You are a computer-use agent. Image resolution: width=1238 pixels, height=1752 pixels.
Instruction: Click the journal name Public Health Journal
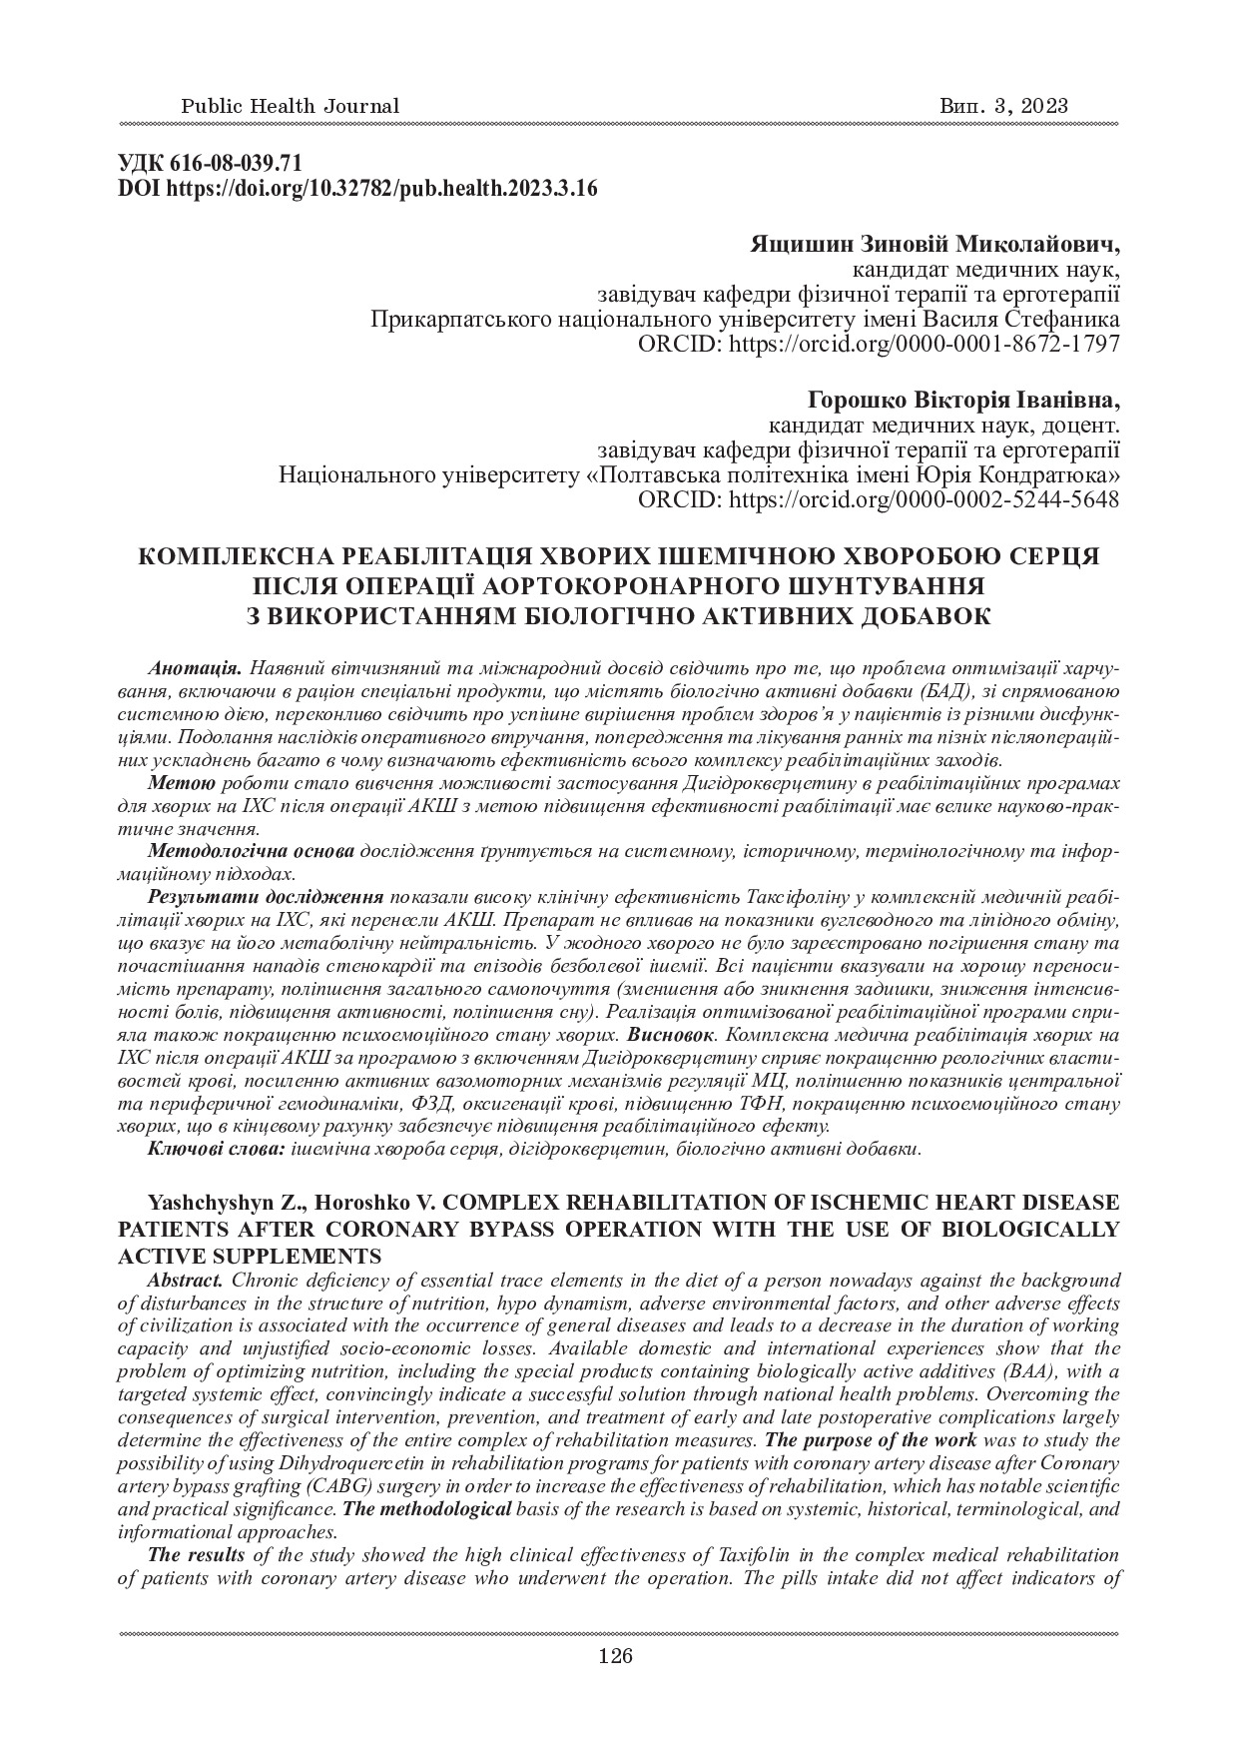click(290, 106)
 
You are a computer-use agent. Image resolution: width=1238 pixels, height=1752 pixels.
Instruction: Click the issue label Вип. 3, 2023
click(1004, 106)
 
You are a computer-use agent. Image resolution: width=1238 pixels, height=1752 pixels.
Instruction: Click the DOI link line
click(357, 189)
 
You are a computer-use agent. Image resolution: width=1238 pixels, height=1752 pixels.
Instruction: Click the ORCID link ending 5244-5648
click(878, 499)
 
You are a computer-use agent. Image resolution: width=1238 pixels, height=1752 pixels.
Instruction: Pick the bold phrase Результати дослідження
click(267, 897)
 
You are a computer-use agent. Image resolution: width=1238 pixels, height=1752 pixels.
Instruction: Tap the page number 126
click(616, 1657)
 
